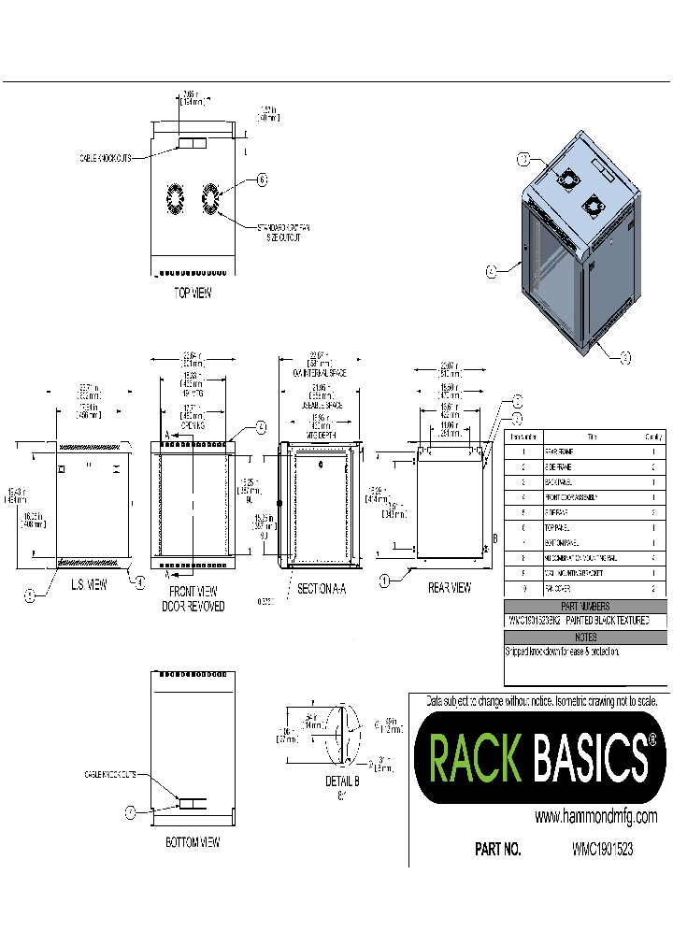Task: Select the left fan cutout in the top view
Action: click(x=174, y=199)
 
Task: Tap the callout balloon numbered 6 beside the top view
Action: click(x=262, y=179)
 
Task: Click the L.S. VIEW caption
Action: click(x=89, y=585)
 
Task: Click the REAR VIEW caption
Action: click(x=450, y=588)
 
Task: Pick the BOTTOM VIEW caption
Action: click(x=192, y=842)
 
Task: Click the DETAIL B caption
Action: click(x=342, y=781)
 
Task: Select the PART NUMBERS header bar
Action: click(x=585, y=607)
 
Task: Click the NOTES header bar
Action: click(x=585, y=638)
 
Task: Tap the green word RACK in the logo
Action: click(x=474, y=757)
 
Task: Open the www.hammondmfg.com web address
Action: click(x=595, y=817)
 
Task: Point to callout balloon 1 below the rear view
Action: click(x=383, y=581)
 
